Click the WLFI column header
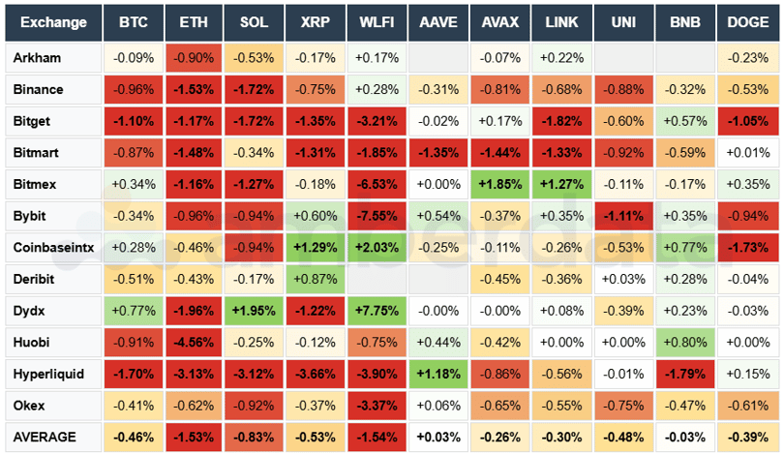click(x=377, y=22)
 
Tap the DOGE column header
click(x=746, y=22)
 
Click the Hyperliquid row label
click(x=51, y=374)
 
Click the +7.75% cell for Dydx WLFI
click(x=377, y=311)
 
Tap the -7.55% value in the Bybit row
click(x=377, y=215)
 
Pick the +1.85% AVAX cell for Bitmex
click(x=499, y=184)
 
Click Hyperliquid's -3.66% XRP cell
click(x=315, y=374)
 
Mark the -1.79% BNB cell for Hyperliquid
click(x=684, y=374)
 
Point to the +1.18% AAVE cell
click(x=437, y=374)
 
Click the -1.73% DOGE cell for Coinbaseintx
click(x=746, y=247)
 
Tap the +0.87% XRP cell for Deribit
click(x=315, y=279)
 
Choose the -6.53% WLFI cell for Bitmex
click(x=377, y=184)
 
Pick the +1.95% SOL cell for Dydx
click(x=254, y=311)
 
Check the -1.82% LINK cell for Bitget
click(x=561, y=121)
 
